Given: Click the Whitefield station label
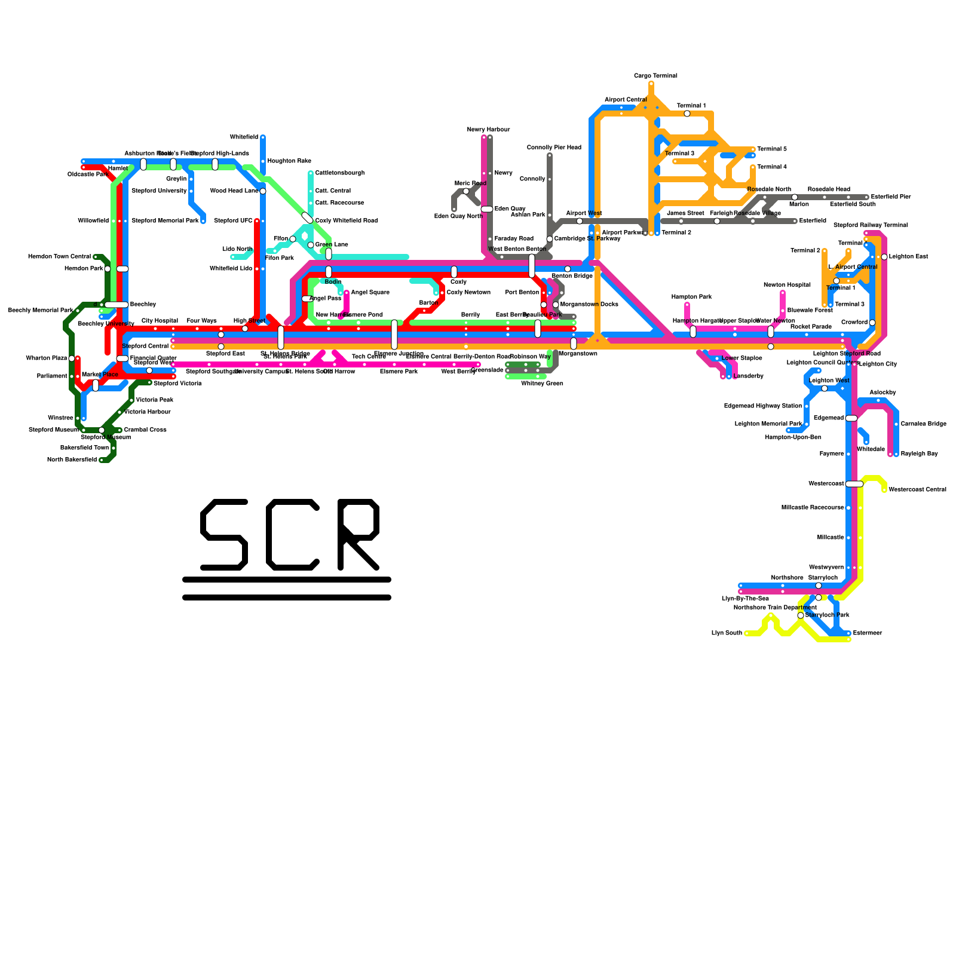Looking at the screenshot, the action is (x=244, y=137).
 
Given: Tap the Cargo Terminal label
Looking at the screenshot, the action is (x=655, y=76).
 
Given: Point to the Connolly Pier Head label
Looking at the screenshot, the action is (x=554, y=148).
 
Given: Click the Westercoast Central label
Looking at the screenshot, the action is (x=917, y=490).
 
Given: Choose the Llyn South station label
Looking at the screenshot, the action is (x=727, y=633).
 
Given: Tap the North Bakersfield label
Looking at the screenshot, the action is (x=72, y=460).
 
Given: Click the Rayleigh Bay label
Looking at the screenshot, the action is (x=919, y=454).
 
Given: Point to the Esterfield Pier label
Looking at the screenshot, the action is (x=890, y=197).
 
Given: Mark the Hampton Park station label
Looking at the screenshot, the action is (x=691, y=297).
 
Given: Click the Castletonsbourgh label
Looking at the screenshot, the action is (x=339, y=173).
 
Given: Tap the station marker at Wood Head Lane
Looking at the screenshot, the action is (x=263, y=191).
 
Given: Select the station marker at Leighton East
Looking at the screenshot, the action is (x=884, y=257).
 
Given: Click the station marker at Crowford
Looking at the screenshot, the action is (x=872, y=323).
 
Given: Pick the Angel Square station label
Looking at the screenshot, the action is (x=370, y=293).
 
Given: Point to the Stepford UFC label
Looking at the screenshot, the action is (x=233, y=221).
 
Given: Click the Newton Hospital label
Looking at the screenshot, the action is (x=786, y=285).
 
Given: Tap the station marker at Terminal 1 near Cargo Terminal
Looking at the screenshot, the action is (x=687, y=114).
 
